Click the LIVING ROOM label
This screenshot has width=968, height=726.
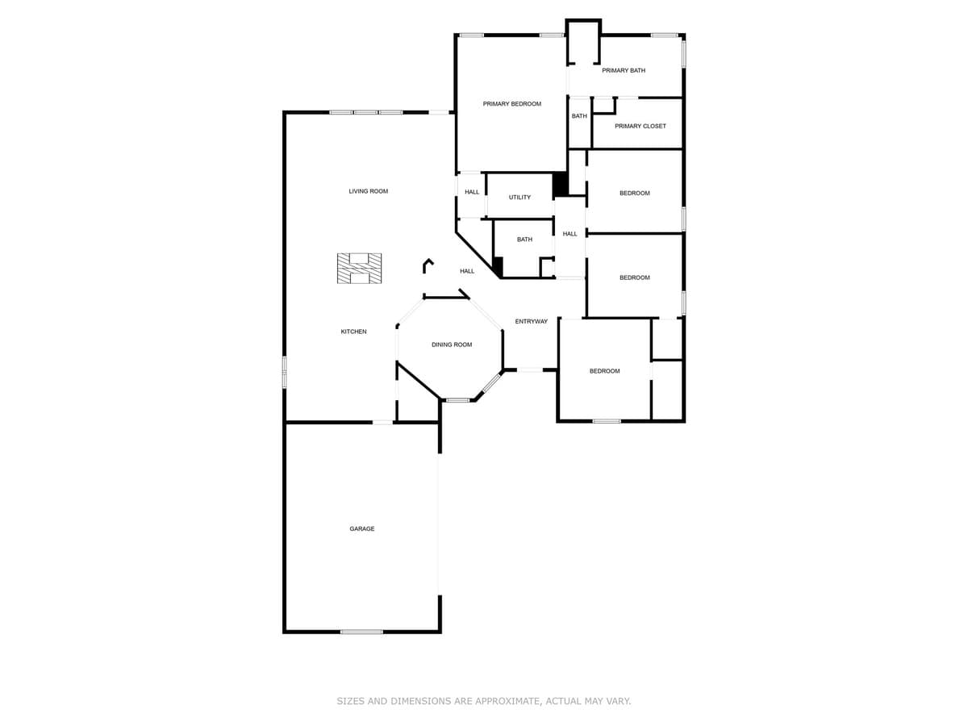coord(368,191)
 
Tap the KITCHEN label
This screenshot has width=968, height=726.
coord(353,332)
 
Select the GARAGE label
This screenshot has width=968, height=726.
coord(361,529)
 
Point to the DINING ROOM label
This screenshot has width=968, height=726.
coord(452,344)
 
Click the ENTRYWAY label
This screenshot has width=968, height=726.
coord(531,322)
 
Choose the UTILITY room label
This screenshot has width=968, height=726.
coord(519,198)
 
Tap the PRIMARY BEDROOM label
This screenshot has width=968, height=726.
coord(511,104)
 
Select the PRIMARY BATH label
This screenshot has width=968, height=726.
coord(624,71)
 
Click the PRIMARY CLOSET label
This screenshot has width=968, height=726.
coord(640,126)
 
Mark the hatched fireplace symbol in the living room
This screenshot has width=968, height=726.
coord(359,268)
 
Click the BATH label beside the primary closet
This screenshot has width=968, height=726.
coord(579,116)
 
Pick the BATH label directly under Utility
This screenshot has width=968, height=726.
coord(524,240)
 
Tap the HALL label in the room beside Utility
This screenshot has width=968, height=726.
coord(472,192)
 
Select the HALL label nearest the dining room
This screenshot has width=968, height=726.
coord(467,271)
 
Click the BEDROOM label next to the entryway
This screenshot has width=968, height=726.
coord(604,371)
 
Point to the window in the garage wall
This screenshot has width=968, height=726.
coord(361,632)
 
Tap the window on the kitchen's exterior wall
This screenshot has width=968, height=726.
coord(284,372)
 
